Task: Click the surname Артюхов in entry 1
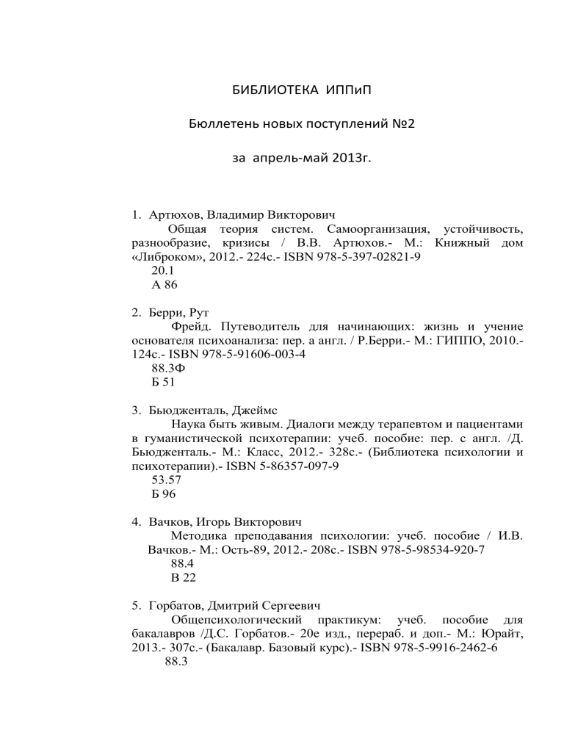tap(175, 218)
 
